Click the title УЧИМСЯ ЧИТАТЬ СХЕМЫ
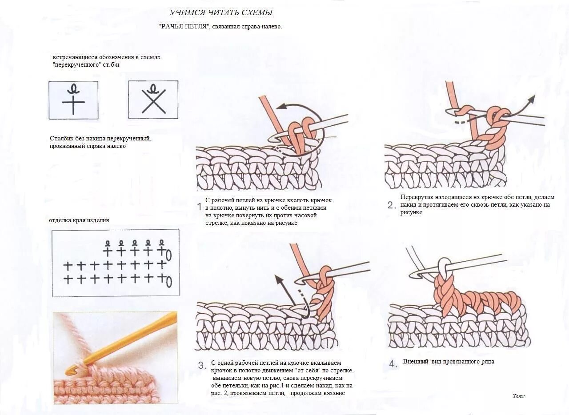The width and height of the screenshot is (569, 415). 221,12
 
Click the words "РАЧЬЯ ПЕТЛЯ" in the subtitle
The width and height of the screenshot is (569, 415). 184,27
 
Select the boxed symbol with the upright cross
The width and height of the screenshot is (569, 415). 73,100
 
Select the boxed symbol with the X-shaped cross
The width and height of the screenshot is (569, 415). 153,100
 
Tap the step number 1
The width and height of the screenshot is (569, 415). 200,207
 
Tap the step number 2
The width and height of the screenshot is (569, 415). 391,205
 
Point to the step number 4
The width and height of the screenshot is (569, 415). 393,364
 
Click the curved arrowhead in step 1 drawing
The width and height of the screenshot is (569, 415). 279,107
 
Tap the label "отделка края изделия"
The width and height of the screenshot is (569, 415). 79,220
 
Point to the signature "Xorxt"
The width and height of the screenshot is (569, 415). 518,396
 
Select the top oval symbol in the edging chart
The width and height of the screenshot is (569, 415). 169,255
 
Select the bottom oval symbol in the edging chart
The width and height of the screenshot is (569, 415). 169,281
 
